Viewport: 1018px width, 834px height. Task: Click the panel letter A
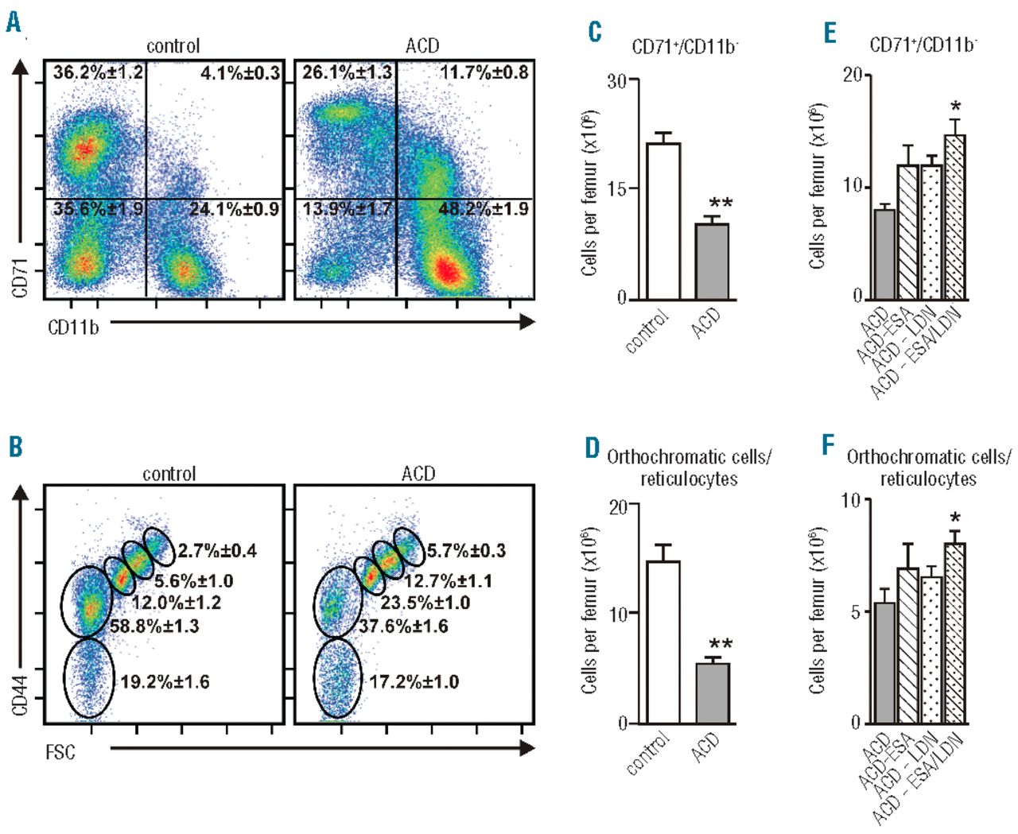tap(14, 21)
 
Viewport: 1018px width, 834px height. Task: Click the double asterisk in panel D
tap(721, 645)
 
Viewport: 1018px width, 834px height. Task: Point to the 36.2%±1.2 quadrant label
tap(98, 73)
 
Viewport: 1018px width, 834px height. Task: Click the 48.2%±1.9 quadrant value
tap(484, 209)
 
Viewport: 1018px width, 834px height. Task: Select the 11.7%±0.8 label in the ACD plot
tap(484, 73)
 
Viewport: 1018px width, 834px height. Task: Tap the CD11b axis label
tap(73, 327)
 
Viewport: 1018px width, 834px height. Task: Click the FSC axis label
tap(60, 751)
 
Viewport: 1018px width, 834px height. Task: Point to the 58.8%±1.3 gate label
tap(154, 626)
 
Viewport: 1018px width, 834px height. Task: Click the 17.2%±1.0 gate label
tap(414, 681)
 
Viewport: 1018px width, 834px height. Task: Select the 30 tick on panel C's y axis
tap(616, 80)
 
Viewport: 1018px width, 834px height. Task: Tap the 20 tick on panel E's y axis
tap(853, 75)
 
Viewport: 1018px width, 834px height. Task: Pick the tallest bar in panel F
tap(954, 633)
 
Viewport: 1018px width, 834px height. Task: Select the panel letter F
tap(829, 445)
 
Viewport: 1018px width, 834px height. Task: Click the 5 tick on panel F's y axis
tap(856, 612)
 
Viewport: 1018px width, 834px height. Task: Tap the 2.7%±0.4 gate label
tap(217, 551)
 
